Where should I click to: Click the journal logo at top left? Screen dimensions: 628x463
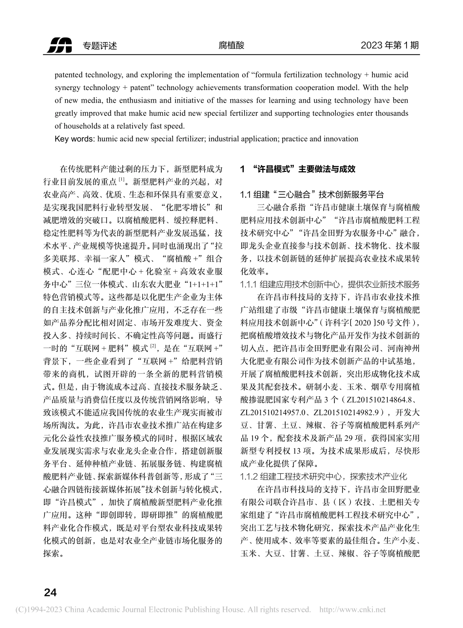pyautogui.click(x=59, y=45)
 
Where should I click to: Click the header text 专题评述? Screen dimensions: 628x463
pyautogui.click(x=100, y=46)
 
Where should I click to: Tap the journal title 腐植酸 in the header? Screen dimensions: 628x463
pyautogui.click(x=231, y=45)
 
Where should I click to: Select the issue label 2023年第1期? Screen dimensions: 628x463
pyautogui.click(x=389, y=45)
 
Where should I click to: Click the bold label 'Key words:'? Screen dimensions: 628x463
pyautogui.click(x=76, y=139)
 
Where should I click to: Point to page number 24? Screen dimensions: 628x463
pyautogui.click(x=50, y=592)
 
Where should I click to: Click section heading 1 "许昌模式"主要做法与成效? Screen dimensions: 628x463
pyautogui.click(x=298, y=169)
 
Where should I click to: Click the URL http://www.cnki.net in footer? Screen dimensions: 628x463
pyautogui.click(x=352, y=610)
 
